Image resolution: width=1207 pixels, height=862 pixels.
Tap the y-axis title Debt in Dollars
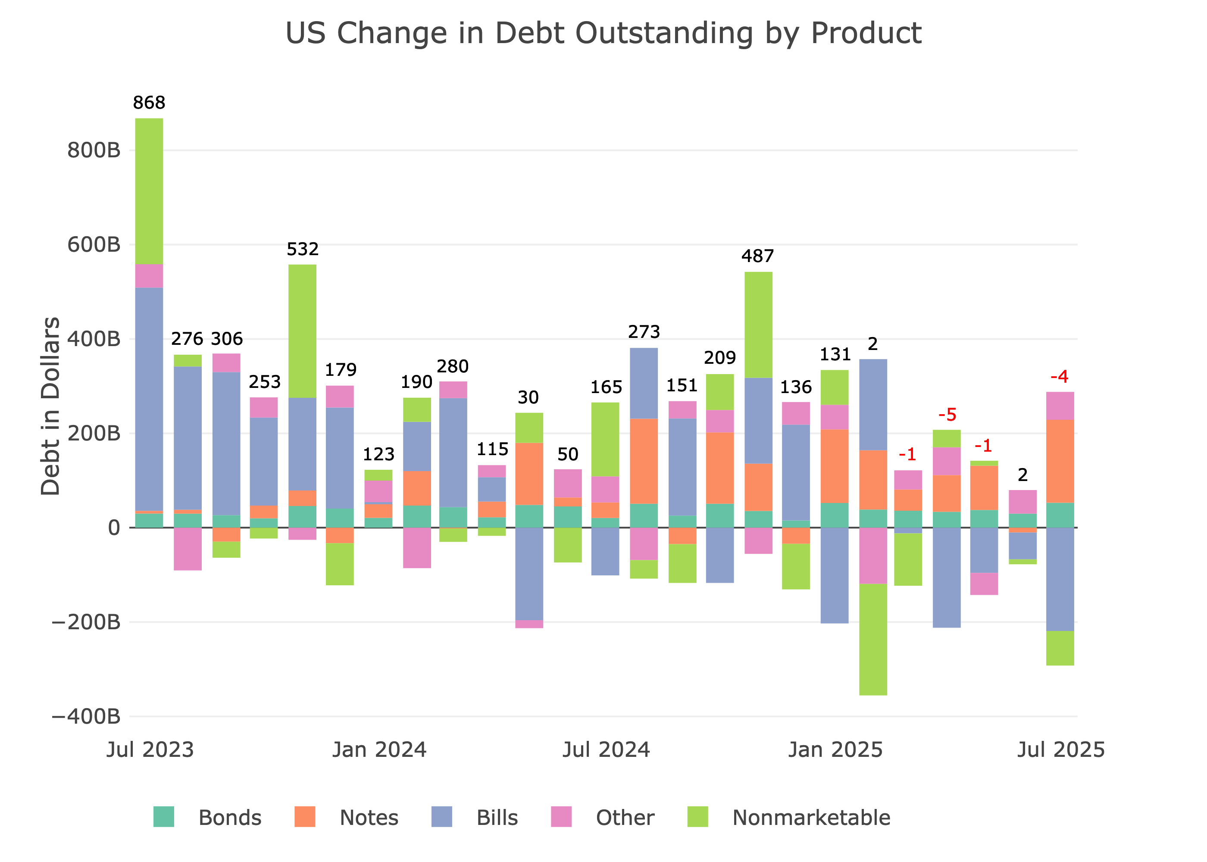(x=50, y=406)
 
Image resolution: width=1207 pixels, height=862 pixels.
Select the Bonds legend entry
(x=229, y=818)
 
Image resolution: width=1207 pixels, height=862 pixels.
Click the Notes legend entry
(x=369, y=818)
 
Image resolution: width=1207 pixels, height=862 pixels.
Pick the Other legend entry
(x=625, y=818)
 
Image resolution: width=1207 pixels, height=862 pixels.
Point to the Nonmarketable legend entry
(x=810, y=818)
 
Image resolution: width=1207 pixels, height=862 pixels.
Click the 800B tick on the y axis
(x=94, y=151)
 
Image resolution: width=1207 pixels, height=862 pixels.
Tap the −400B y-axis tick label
(x=86, y=717)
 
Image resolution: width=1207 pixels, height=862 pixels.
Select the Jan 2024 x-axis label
(x=379, y=750)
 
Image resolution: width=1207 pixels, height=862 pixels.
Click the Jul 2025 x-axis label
(x=1060, y=750)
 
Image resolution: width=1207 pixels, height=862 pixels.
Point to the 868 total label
(x=149, y=103)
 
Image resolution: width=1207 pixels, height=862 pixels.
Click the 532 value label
(x=303, y=249)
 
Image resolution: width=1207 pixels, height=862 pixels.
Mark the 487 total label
(x=757, y=256)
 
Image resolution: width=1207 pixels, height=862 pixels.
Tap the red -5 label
(x=947, y=415)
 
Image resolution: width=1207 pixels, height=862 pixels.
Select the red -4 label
(x=1060, y=377)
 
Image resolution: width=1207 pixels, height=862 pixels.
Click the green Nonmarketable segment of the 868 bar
(x=149, y=191)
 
